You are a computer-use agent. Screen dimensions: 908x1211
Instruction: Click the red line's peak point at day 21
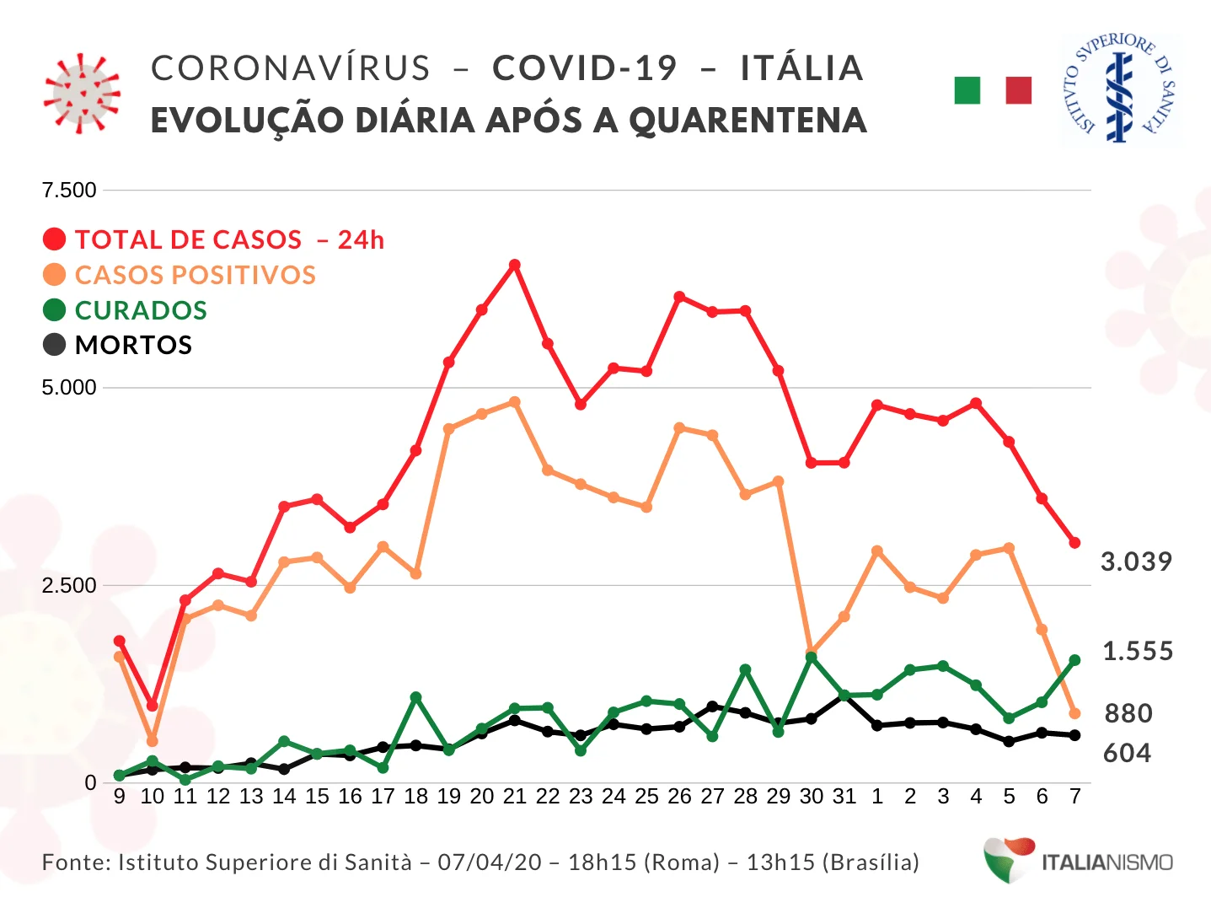(514, 265)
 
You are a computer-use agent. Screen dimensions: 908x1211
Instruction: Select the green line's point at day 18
(415, 697)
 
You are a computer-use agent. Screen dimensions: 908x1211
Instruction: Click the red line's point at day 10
(153, 705)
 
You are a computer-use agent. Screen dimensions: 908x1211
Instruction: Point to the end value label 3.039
(1136, 561)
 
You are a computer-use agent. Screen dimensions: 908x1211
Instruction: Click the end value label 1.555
(1138, 651)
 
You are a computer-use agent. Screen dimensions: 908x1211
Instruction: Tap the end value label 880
(1128, 713)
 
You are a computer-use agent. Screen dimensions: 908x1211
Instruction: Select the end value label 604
(1127, 752)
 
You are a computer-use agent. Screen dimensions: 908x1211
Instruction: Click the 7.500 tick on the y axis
(69, 190)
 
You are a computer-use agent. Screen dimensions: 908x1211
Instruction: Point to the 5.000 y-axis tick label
(69, 388)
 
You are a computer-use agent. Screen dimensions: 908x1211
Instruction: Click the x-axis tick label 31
(844, 797)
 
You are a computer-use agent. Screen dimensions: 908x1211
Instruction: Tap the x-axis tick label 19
(448, 797)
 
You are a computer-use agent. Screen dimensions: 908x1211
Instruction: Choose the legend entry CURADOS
(140, 310)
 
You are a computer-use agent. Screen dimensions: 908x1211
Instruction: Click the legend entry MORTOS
(133, 345)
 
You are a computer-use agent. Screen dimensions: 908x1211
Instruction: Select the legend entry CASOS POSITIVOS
(195, 275)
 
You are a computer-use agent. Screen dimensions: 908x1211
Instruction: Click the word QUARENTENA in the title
(747, 121)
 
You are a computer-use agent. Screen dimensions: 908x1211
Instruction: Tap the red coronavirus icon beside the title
(82, 93)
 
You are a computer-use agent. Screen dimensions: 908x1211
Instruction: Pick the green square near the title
(967, 90)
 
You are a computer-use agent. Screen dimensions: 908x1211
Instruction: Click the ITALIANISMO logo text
(1107, 862)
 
